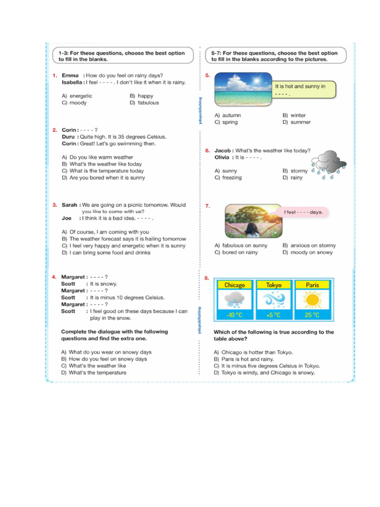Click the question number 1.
coord(55,75)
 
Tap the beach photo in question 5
coord(243,89)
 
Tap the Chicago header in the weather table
coord(235,285)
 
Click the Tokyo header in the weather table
coord(274,285)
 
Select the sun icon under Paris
coord(312,300)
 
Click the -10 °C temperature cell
coord(235,315)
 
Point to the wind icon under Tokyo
coord(274,300)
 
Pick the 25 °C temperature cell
coord(312,315)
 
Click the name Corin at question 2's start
coord(69,130)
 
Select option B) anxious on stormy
coord(309,246)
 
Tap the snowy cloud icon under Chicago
coord(235,300)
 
